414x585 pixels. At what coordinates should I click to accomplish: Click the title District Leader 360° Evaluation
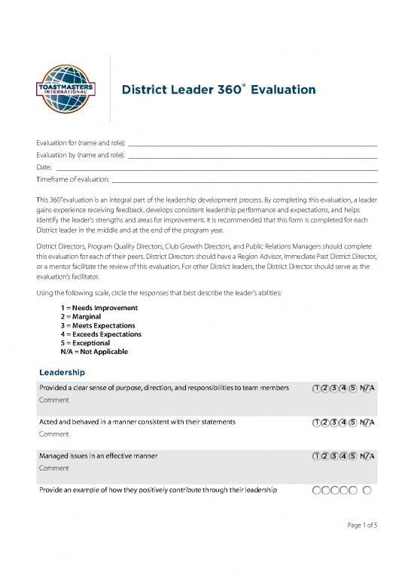coord(218,90)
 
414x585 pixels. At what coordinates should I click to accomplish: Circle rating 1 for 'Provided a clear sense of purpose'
coord(317,388)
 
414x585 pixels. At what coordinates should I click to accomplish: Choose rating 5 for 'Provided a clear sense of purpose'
coord(353,388)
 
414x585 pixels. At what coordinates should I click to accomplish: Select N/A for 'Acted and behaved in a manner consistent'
coord(367,422)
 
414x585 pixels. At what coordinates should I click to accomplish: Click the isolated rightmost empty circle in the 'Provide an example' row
coord(367,491)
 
